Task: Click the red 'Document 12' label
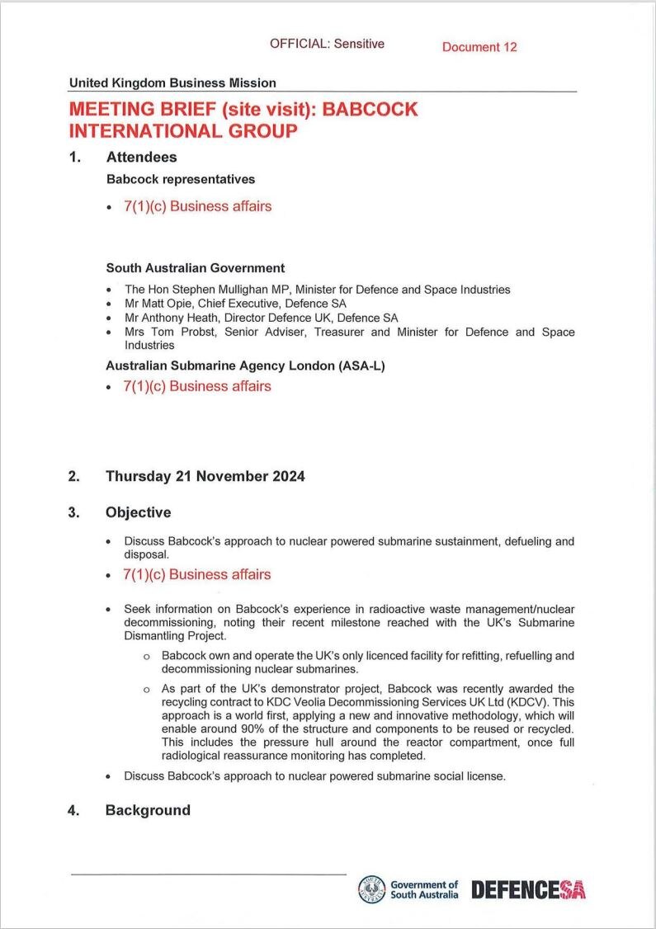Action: pyautogui.click(x=479, y=47)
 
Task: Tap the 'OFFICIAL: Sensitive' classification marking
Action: pyautogui.click(x=327, y=44)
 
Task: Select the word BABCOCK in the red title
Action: pyautogui.click(x=370, y=110)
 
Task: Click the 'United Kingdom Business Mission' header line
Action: pyautogui.click(x=172, y=83)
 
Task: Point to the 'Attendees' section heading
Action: pyautogui.click(x=141, y=157)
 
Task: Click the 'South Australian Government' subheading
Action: pyautogui.click(x=196, y=268)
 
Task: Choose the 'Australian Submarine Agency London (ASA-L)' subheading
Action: pyautogui.click(x=246, y=365)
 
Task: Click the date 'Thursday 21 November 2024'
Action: pyautogui.click(x=205, y=476)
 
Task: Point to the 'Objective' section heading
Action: pyautogui.click(x=138, y=512)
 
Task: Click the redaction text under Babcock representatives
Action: pyautogui.click(x=197, y=206)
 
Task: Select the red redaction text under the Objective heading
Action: pyautogui.click(x=197, y=574)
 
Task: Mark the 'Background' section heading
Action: pyautogui.click(x=148, y=810)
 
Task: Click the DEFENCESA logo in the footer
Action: pyautogui.click(x=528, y=889)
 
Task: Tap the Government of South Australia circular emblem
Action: pyautogui.click(x=371, y=889)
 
